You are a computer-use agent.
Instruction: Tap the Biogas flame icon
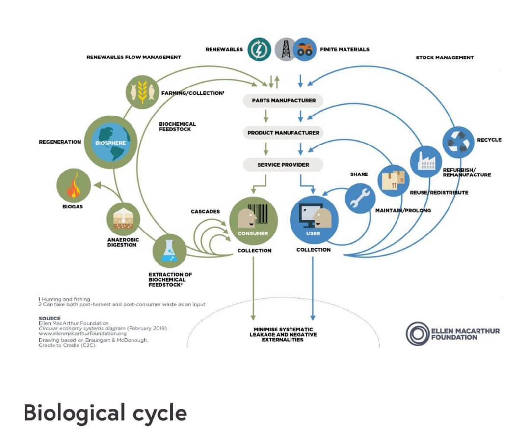point(74,185)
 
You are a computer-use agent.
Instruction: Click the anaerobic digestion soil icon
point(123,219)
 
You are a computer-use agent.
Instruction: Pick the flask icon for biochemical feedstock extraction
point(169,251)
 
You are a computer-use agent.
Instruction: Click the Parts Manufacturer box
point(283,101)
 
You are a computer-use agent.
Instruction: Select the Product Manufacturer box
point(283,133)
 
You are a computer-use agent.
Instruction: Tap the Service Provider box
point(283,165)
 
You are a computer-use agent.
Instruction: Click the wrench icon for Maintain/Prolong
point(360,199)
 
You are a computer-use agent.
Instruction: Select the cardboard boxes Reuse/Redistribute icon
point(393,179)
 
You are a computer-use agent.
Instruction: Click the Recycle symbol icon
point(458,142)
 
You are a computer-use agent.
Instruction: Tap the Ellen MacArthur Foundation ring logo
point(418,334)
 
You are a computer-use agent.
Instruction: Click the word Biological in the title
point(67,413)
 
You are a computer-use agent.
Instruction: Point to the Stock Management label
point(445,58)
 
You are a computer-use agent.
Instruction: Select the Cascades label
point(205,212)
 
